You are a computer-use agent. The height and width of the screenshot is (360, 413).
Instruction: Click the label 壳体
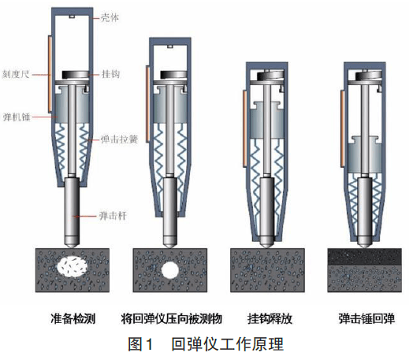[x=110, y=17]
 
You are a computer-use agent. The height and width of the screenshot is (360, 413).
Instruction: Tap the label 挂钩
[x=111, y=74]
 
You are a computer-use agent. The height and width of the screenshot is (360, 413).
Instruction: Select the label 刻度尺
[x=16, y=74]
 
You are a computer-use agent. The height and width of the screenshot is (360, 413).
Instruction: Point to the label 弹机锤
[x=17, y=117]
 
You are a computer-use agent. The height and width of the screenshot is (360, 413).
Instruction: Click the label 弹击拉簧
[x=119, y=139]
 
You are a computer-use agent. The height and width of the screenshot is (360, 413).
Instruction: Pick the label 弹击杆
[x=113, y=216]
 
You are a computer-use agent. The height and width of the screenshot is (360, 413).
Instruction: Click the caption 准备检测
[x=73, y=319]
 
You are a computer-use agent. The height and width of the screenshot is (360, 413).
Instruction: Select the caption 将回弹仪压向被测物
[x=172, y=319]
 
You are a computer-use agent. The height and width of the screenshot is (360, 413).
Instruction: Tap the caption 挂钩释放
[x=270, y=319]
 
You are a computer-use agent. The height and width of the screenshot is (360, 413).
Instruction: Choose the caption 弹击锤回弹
[x=366, y=319]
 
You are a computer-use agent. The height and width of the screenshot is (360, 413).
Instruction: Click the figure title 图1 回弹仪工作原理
[x=206, y=343]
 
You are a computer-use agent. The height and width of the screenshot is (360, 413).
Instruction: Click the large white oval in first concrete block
[x=73, y=266]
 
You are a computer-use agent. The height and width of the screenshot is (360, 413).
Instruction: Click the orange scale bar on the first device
[x=50, y=74]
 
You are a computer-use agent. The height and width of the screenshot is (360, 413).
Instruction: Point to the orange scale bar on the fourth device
[x=342, y=128]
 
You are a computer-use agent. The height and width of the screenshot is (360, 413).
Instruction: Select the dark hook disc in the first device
[x=76, y=75]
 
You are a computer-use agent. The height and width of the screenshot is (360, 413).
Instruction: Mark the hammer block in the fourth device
[x=365, y=154]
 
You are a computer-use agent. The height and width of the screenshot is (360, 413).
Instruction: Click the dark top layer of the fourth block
[x=365, y=257]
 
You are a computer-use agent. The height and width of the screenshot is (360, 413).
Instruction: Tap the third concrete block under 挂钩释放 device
[x=267, y=270]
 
